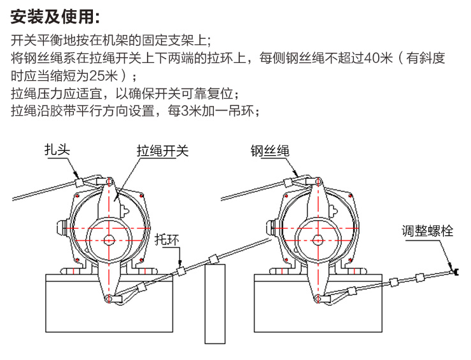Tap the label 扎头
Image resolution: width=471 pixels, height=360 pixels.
pos(57,150)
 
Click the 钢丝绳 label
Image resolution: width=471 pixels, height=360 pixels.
pos(269,151)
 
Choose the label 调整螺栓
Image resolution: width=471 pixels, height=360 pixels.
pos(427,231)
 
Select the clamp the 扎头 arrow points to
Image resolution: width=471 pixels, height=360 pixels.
pos(80,181)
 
